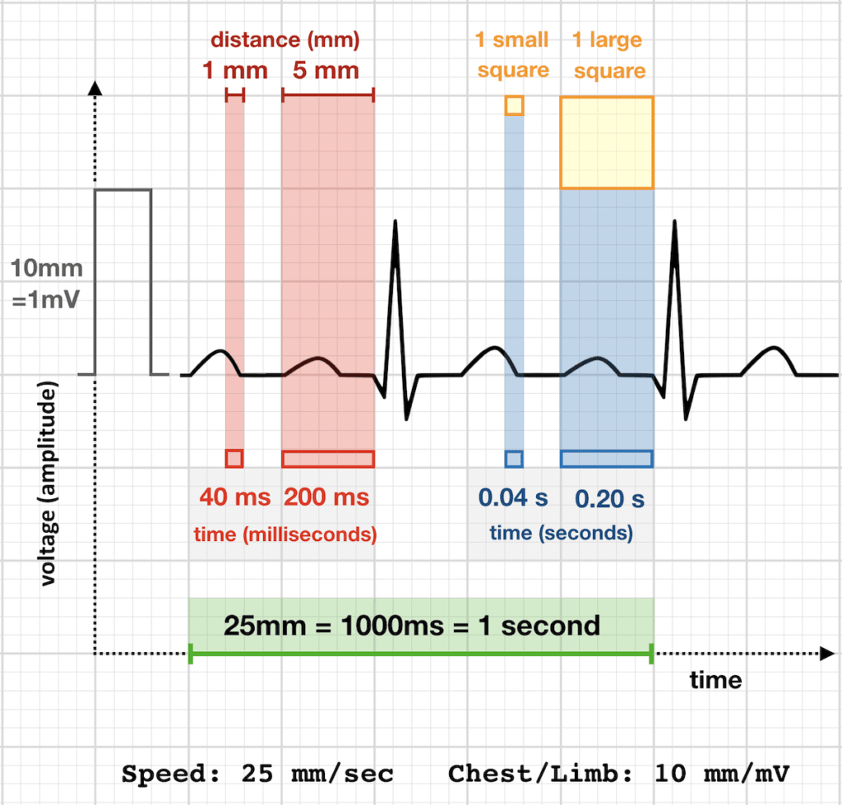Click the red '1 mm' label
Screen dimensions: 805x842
coord(235,71)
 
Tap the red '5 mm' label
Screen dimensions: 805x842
coord(327,71)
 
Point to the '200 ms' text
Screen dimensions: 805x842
coord(327,497)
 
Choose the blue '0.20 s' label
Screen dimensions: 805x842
coord(609,498)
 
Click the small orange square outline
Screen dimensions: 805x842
coord(514,105)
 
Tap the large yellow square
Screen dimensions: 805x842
coord(607,143)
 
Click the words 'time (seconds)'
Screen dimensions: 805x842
coord(561,533)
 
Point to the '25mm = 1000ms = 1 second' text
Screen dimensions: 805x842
coord(412,625)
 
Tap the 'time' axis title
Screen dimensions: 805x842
coord(715,680)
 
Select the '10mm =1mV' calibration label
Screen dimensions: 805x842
coord(47,284)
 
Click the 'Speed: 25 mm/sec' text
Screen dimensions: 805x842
coord(257,774)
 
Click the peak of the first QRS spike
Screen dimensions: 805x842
coord(396,221)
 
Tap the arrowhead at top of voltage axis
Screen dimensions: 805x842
coord(96,87)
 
